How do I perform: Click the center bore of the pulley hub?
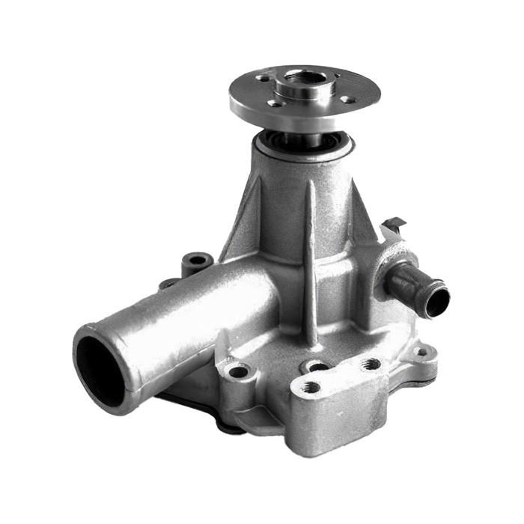[305, 77]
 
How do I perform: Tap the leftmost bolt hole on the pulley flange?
[263, 77]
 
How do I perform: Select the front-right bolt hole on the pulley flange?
[346, 99]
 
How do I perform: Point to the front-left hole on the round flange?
[275, 103]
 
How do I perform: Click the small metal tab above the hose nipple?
[394, 223]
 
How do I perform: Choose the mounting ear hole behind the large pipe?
[198, 261]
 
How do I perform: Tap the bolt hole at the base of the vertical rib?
[318, 366]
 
